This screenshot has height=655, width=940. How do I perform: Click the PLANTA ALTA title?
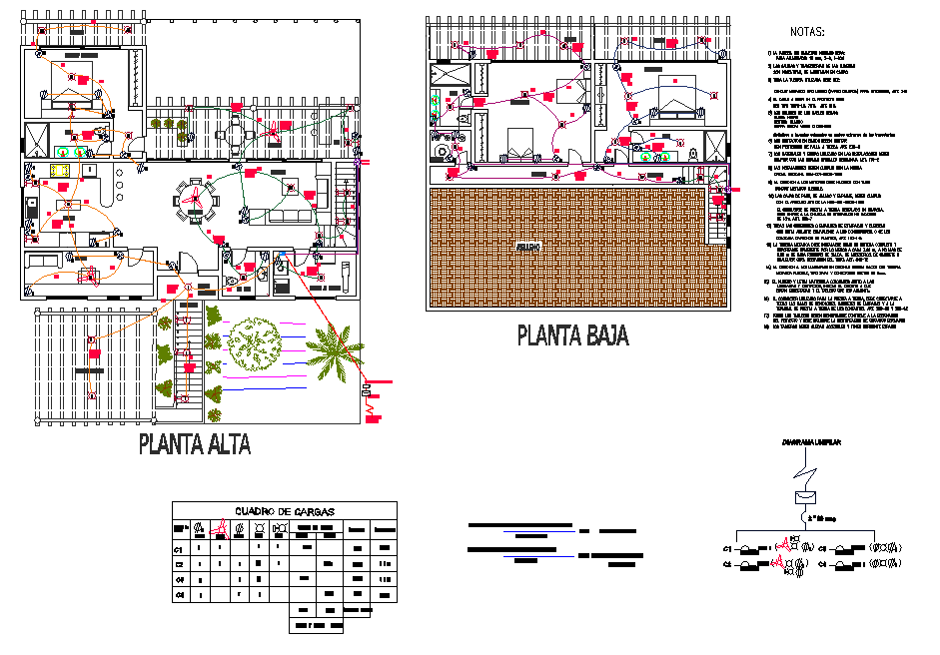point(194,443)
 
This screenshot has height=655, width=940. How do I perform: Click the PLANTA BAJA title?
point(572,335)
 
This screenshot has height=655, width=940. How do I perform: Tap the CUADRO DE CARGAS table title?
point(285,511)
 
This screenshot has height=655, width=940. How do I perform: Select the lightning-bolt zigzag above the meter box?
point(805,471)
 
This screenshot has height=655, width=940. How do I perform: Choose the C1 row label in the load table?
point(181,548)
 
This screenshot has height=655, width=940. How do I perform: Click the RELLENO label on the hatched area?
point(528,246)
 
